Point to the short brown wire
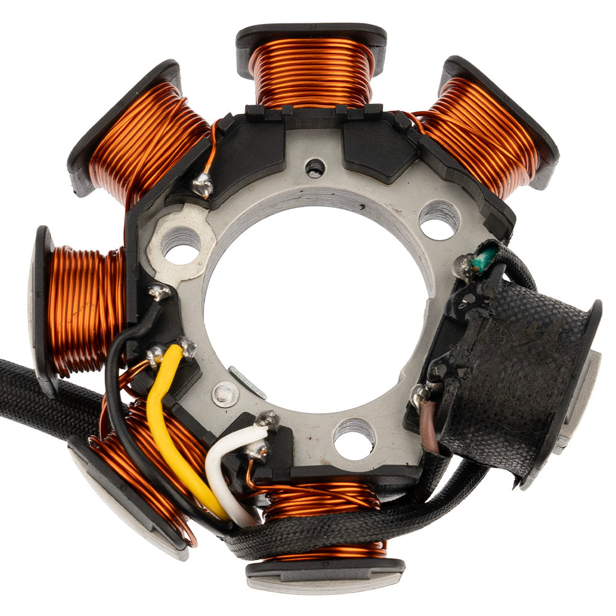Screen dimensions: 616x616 click(429, 425)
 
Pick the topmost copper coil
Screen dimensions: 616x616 click(312, 71)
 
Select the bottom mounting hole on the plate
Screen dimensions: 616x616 click(354, 439)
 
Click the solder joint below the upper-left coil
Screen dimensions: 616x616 click(202, 185)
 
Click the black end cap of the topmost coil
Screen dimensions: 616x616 click(311, 34)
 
